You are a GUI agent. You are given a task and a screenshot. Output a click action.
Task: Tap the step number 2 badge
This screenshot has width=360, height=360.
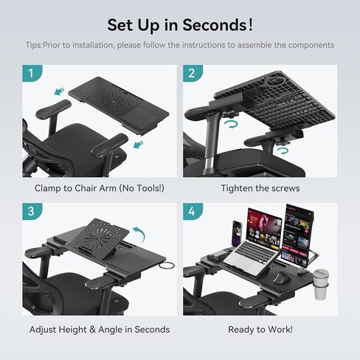tap(192, 74)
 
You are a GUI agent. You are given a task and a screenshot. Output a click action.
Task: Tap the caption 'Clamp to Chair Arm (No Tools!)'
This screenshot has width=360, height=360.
tap(99, 188)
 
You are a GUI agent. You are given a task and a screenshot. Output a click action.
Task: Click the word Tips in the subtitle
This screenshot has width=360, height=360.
tap(34, 45)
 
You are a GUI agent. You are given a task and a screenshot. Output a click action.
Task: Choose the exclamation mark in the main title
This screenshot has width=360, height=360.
tap(251, 24)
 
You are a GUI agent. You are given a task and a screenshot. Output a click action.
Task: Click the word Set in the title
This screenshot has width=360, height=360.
tap(122, 24)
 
